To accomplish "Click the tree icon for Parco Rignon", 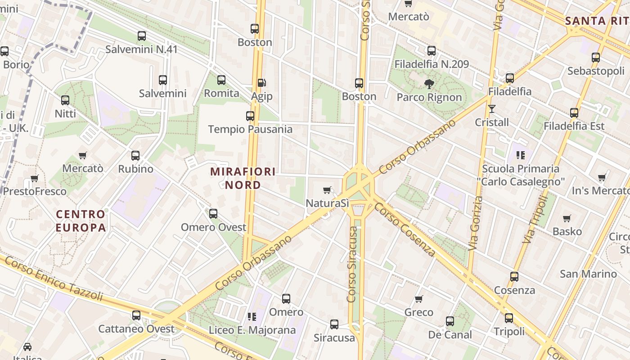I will click(x=429, y=84).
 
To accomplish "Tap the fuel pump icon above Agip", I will click(x=261, y=83).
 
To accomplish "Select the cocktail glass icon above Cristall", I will click(x=491, y=109).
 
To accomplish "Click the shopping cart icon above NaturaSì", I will click(x=327, y=190).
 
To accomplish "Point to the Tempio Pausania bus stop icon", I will click(x=250, y=116).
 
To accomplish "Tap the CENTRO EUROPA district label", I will click(x=81, y=220).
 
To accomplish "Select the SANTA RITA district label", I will click(x=597, y=21).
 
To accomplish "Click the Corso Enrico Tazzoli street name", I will click(x=54, y=279).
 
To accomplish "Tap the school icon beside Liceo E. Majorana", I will click(x=252, y=317).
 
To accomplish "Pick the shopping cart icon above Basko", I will click(x=567, y=219).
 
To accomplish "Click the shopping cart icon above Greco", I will click(x=419, y=299).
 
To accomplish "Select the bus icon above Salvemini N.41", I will click(x=142, y=36).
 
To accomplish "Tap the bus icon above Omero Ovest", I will click(x=213, y=214).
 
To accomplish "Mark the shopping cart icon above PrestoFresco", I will click(x=35, y=178).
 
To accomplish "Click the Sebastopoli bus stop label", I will click(x=596, y=71).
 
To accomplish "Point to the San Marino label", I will click(x=588, y=274).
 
